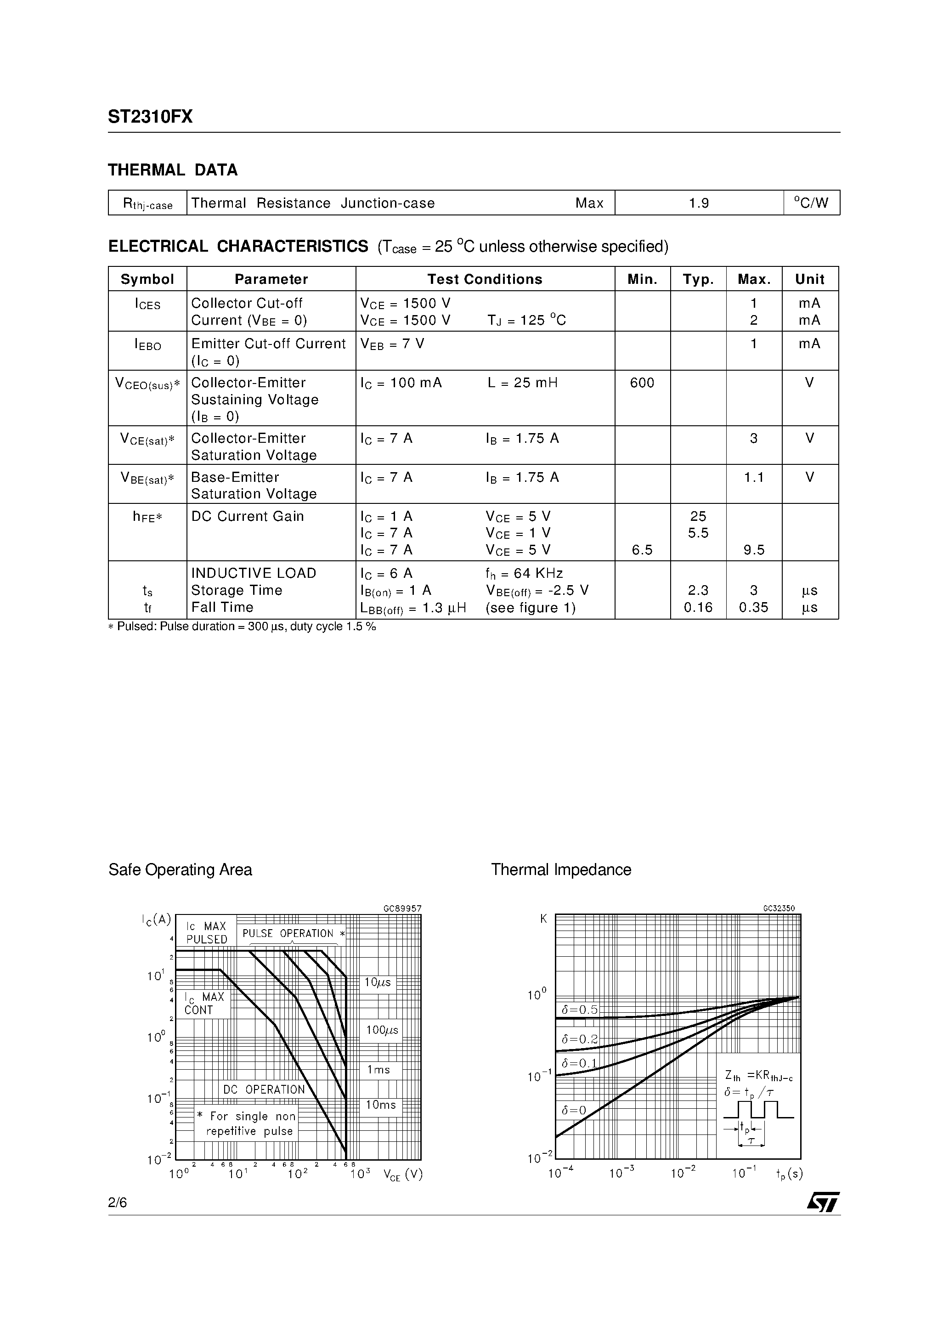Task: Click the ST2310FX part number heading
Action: [x=150, y=117]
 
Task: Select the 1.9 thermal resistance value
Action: [x=699, y=203]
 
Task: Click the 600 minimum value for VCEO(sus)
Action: [x=642, y=383]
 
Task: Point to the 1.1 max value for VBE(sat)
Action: [x=754, y=477]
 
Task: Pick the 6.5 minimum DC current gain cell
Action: [x=642, y=550]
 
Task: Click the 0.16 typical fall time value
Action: [x=698, y=607]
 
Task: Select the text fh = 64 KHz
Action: [x=524, y=573]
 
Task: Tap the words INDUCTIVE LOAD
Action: [x=254, y=573]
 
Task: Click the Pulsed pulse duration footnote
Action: [x=242, y=626]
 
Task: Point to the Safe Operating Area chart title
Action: [x=180, y=870]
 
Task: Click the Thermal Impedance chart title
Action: [x=561, y=870]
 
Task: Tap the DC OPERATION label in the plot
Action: [x=264, y=1090]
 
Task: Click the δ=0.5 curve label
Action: [x=579, y=1010]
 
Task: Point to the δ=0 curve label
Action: [x=573, y=1111]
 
